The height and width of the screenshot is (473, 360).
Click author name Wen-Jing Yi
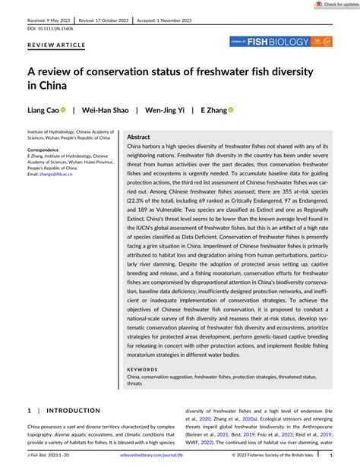tap(165, 109)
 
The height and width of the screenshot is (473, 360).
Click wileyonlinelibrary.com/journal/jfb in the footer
tap(180, 456)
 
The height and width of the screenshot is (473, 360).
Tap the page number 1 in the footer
tap(352, 456)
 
